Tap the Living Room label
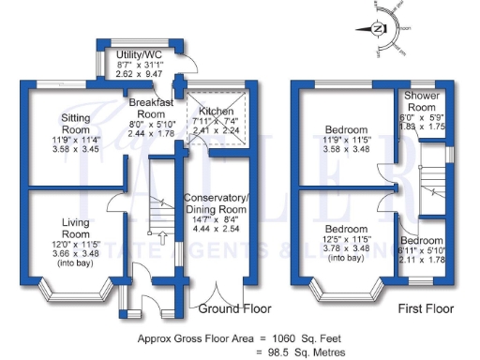pyautogui.click(x=74, y=227)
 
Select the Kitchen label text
pyautogui.click(x=216, y=112)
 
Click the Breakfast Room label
pyautogui.click(x=150, y=107)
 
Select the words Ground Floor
pyautogui.click(x=234, y=308)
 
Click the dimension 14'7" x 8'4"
pyautogui.click(x=216, y=218)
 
